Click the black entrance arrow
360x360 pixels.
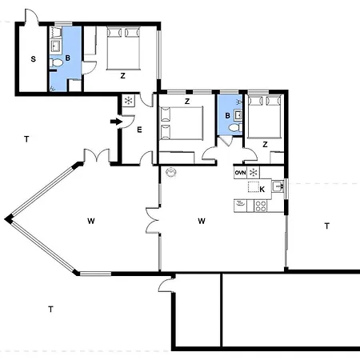[x=116, y=122]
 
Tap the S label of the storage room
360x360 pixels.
[x=33, y=59]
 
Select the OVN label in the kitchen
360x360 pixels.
[x=240, y=173]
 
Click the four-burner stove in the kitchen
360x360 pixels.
[x=261, y=206]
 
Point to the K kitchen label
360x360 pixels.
[x=262, y=190]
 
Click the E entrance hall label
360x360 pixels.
[x=139, y=130]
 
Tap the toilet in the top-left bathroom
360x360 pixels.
[x=56, y=63]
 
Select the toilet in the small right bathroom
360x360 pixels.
[x=235, y=128]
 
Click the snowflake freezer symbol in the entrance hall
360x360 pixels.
[x=129, y=101]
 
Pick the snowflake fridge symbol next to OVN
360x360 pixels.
[x=253, y=173]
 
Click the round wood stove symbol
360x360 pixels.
[x=171, y=172]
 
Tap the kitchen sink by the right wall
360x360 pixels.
[x=278, y=186]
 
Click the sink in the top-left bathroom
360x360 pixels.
[x=56, y=46]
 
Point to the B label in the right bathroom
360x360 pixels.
[x=227, y=115]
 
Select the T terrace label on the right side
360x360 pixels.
[x=327, y=226]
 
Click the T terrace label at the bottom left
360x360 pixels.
[x=50, y=310]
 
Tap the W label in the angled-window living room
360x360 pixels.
[x=91, y=221]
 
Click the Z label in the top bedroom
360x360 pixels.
[x=122, y=76]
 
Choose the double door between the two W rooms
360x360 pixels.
[x=153, y=221]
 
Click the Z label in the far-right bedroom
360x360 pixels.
[x=265, y=145]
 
